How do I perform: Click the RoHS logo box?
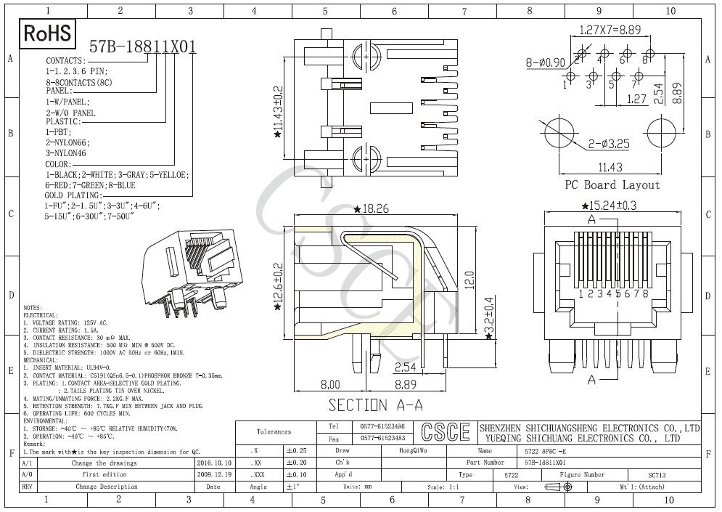[48, 33]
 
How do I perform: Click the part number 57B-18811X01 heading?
[143, 47]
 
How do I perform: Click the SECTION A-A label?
[375, 405]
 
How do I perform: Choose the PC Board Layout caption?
[612, 185]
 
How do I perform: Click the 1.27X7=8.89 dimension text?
[610, 31]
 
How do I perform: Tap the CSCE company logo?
[442, 432]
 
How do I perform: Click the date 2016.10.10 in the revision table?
[214, 463]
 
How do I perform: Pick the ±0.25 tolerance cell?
[296, 451]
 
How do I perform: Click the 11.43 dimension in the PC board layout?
[612, 166]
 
